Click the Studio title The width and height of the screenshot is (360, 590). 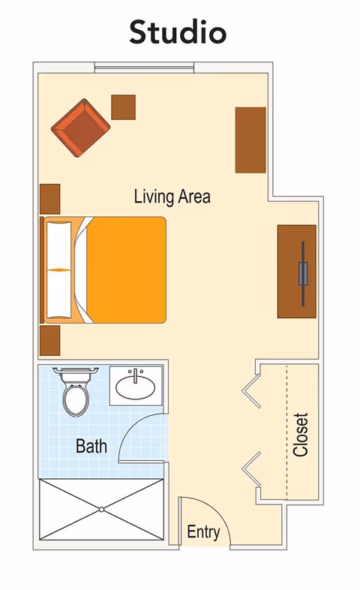click(178, 32)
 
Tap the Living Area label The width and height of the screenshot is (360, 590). click(172, 197)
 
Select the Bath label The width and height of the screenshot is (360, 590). click(91, 447)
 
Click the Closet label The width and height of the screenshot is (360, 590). click(301, 435)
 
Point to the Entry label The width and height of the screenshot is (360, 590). click(203, 533)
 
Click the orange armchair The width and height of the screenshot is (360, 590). click(82, 128)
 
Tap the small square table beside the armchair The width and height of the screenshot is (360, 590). click(123, 107)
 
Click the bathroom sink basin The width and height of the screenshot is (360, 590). click(136, 387)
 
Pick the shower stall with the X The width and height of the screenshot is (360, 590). click(100, 509)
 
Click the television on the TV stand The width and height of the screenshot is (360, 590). click(302, 272)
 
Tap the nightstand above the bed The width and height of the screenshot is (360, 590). click(49, 199)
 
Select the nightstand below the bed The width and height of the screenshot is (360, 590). click(49, 341)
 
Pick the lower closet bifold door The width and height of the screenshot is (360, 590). click(251, 467)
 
